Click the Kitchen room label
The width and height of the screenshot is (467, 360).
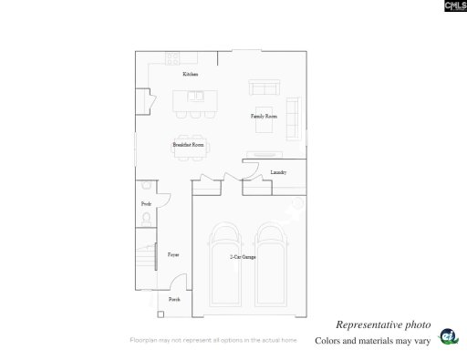tap(190, 74)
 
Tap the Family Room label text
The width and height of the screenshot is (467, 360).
tap(264, 117)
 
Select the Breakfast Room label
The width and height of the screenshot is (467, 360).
tap(188, 145)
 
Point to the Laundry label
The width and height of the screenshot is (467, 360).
tap(279, 172)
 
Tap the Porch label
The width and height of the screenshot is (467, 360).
tap(174, 299)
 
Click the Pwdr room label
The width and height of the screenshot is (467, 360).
tap(146, 203)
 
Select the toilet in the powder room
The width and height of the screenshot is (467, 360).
tap(146, 219)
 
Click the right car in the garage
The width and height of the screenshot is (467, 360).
tap(273, 265)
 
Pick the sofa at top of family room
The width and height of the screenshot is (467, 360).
tap(265, 88)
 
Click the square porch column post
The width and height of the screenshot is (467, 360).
tap(161, 314)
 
